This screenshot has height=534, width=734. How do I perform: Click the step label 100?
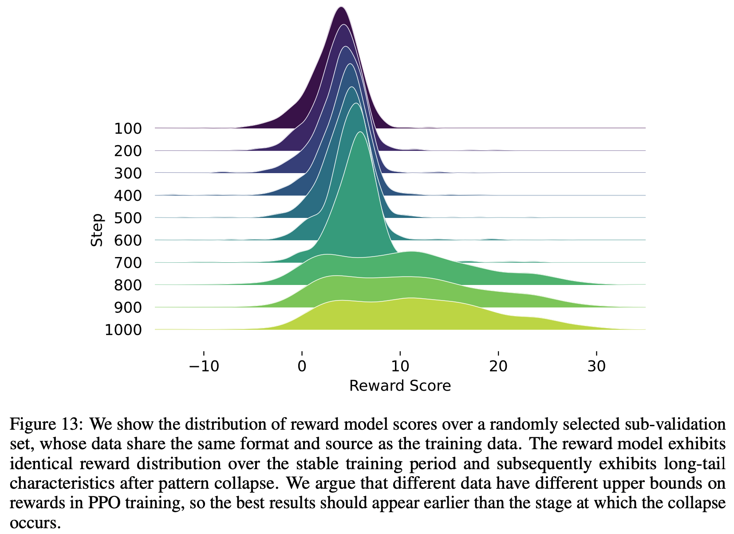click(128, 129)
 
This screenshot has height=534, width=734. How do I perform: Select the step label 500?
click(128, 218)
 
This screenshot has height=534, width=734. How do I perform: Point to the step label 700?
click(128, 263)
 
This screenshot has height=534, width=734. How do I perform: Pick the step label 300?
click(128, 174)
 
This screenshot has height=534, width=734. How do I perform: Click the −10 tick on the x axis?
click(204, 367)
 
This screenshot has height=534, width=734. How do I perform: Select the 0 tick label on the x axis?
click(302, 367)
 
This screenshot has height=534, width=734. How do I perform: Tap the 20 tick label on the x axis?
click(498, 367)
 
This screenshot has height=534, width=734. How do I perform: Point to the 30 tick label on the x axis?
click(596, 367)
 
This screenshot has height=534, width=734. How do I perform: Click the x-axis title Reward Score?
click(400, 386)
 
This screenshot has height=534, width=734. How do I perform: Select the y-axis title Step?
click(97, 230)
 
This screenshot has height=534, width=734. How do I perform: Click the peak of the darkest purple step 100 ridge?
click(341, 8)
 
